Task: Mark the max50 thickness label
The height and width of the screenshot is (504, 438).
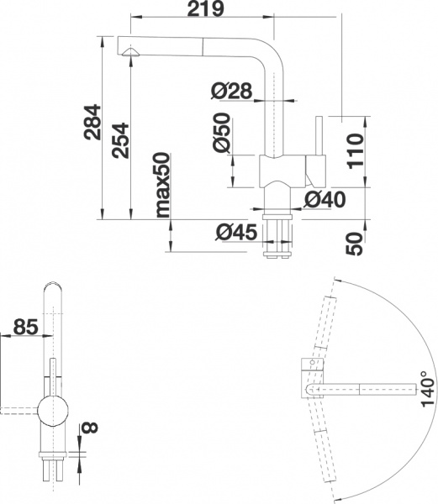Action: tap(161, 184)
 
